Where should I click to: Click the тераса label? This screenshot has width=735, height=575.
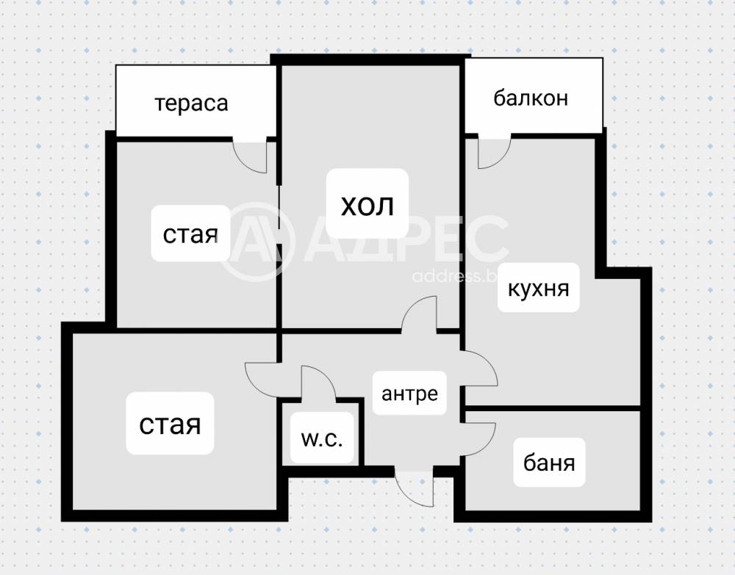192,103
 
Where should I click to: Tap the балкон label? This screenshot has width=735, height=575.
531,98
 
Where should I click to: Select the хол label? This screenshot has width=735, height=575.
367,205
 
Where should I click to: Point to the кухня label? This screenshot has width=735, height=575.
539,288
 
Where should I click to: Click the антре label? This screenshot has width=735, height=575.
409,393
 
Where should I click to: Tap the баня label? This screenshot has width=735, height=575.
549,463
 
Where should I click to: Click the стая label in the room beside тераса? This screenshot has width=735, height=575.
190,235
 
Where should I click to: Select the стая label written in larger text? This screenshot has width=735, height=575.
171,424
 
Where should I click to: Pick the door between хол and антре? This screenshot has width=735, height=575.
421,314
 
